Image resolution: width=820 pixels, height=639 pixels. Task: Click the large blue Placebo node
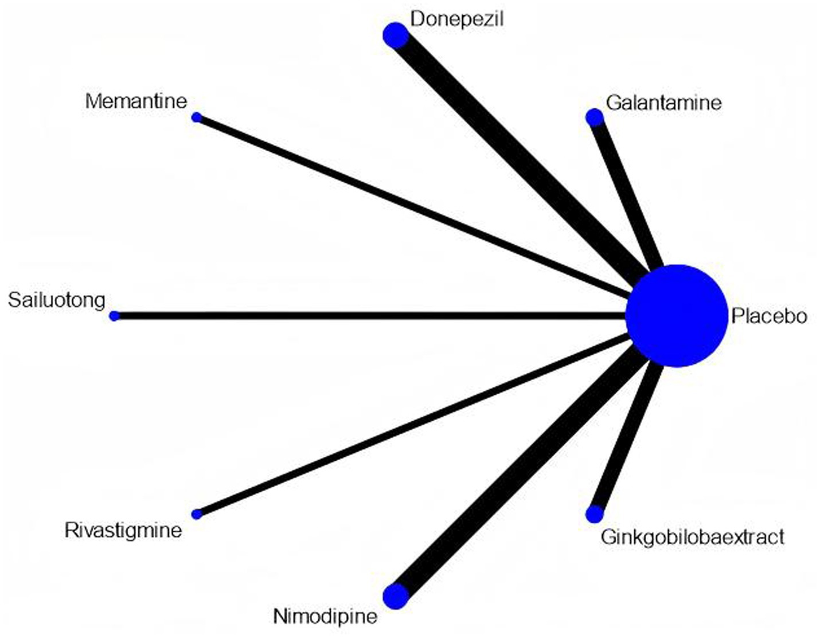676,315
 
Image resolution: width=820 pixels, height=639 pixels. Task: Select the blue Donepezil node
395,36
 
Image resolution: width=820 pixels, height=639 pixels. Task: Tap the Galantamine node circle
595,117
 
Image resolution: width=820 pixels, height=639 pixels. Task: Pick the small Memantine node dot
197,117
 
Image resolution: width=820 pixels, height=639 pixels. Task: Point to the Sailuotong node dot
114,316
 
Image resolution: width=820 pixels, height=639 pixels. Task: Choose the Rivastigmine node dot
197,514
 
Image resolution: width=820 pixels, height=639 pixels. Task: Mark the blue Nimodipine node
395,596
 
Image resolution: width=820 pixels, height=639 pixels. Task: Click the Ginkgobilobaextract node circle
595,514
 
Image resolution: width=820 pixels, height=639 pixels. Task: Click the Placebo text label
769,316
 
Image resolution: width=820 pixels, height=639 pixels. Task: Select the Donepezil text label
456,19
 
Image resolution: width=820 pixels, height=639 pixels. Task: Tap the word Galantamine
663,103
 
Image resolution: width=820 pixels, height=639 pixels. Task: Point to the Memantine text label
136,101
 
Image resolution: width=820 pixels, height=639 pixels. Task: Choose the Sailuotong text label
57,300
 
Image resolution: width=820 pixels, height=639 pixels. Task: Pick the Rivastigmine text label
123,530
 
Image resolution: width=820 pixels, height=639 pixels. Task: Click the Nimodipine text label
325,616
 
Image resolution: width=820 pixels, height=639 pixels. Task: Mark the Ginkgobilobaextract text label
692,537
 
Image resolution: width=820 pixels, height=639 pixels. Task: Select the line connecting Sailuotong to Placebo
367,316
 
